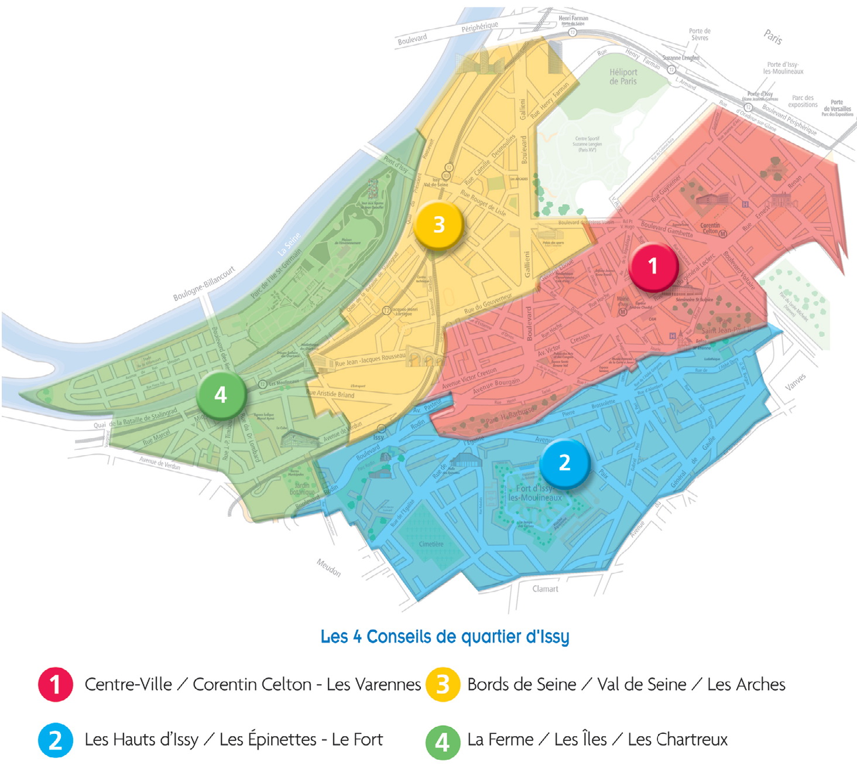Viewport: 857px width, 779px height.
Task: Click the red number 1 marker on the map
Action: tap(653, 266)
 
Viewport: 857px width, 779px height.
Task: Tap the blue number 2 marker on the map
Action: tap(564, 463)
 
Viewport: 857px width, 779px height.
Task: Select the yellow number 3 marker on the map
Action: tap(438, 225)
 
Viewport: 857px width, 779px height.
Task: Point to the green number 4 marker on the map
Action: tap(221, 395)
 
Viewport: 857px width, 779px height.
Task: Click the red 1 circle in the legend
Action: tap(56, 684)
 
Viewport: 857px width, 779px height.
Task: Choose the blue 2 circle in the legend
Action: tap(56, 740)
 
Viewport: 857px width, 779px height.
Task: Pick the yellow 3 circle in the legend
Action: tap(443, 684)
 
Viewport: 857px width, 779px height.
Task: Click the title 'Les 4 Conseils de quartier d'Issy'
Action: tap(444, 637)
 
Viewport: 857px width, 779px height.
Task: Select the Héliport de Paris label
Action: tap(623, 77)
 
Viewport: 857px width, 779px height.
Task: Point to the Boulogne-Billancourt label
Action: tap(204, 283)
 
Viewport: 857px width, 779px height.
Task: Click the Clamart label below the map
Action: tap(545, 589)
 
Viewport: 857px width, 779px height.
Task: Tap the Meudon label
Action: tap(328, 568)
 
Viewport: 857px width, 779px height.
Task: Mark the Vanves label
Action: tap(795, 382)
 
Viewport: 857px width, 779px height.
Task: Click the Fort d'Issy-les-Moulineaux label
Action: tap(534, 493)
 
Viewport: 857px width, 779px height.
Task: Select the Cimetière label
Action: tap(431, 544)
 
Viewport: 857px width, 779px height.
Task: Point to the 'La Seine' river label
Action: tap(289, 244)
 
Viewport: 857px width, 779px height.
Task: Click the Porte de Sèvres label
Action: tap(700, 35)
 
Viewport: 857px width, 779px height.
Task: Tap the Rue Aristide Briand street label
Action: tap(330, 394)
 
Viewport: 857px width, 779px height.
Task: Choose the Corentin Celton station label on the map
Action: tap(710, 228)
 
